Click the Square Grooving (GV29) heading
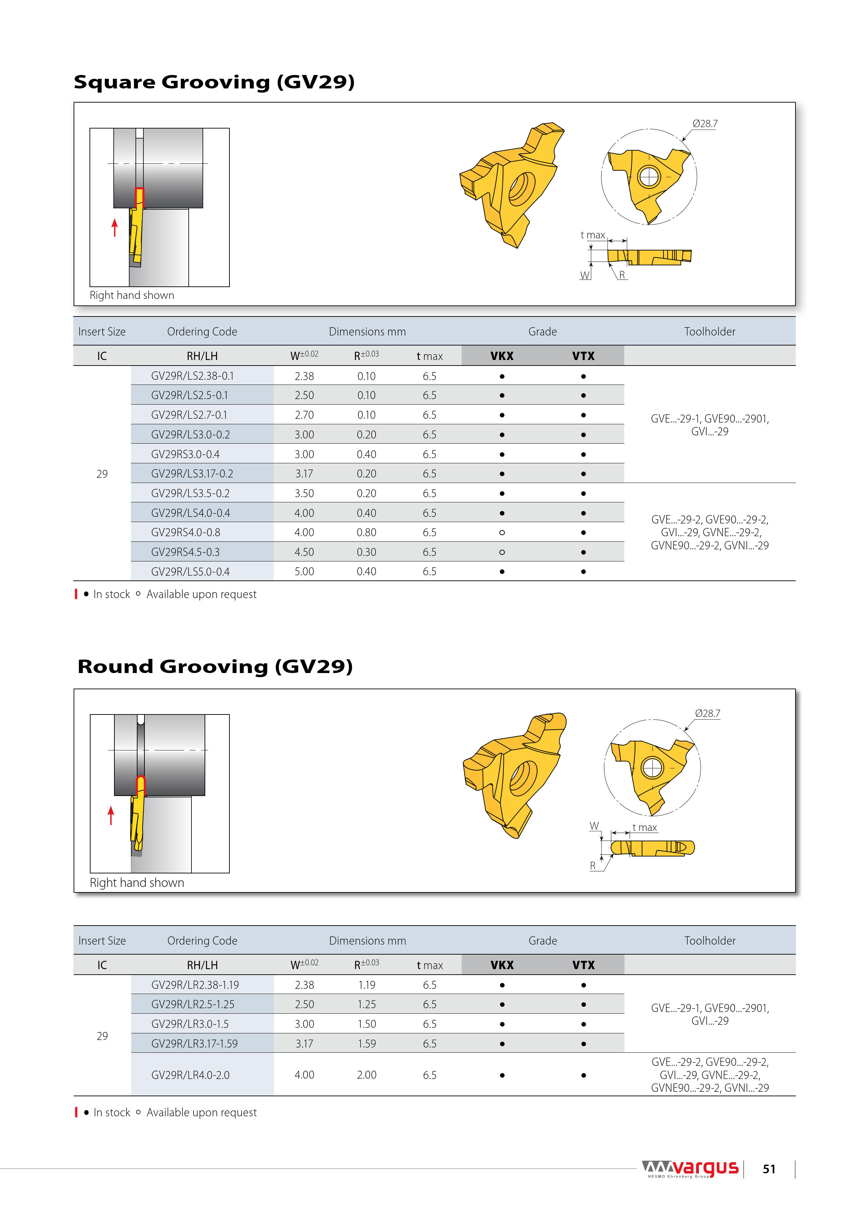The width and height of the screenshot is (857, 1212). click(214, 82)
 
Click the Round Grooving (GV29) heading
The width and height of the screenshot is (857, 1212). click(215, 667)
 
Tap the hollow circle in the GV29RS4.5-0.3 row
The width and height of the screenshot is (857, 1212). click(502, 552)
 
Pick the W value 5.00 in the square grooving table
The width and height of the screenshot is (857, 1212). click(304, 572)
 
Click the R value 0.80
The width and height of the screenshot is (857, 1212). click(366, 533)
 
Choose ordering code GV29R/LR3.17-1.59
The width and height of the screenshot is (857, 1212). click(194, 1044)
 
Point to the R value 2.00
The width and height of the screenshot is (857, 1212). click(366, 1075)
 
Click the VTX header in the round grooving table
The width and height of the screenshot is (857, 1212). click(583, 965)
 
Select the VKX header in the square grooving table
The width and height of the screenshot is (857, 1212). click(502, 356)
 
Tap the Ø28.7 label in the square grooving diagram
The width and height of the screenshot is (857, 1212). click(705, 124)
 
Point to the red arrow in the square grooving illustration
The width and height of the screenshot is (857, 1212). click(115, 228)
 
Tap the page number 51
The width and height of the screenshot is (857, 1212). click(769, 1169)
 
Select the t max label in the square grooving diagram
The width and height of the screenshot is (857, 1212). click(592, 235)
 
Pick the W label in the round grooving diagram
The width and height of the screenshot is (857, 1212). click(594, 826)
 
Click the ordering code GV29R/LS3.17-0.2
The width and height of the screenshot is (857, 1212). click(192, 474)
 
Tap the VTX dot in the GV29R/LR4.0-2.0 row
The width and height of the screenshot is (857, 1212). click(583, 1075)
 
